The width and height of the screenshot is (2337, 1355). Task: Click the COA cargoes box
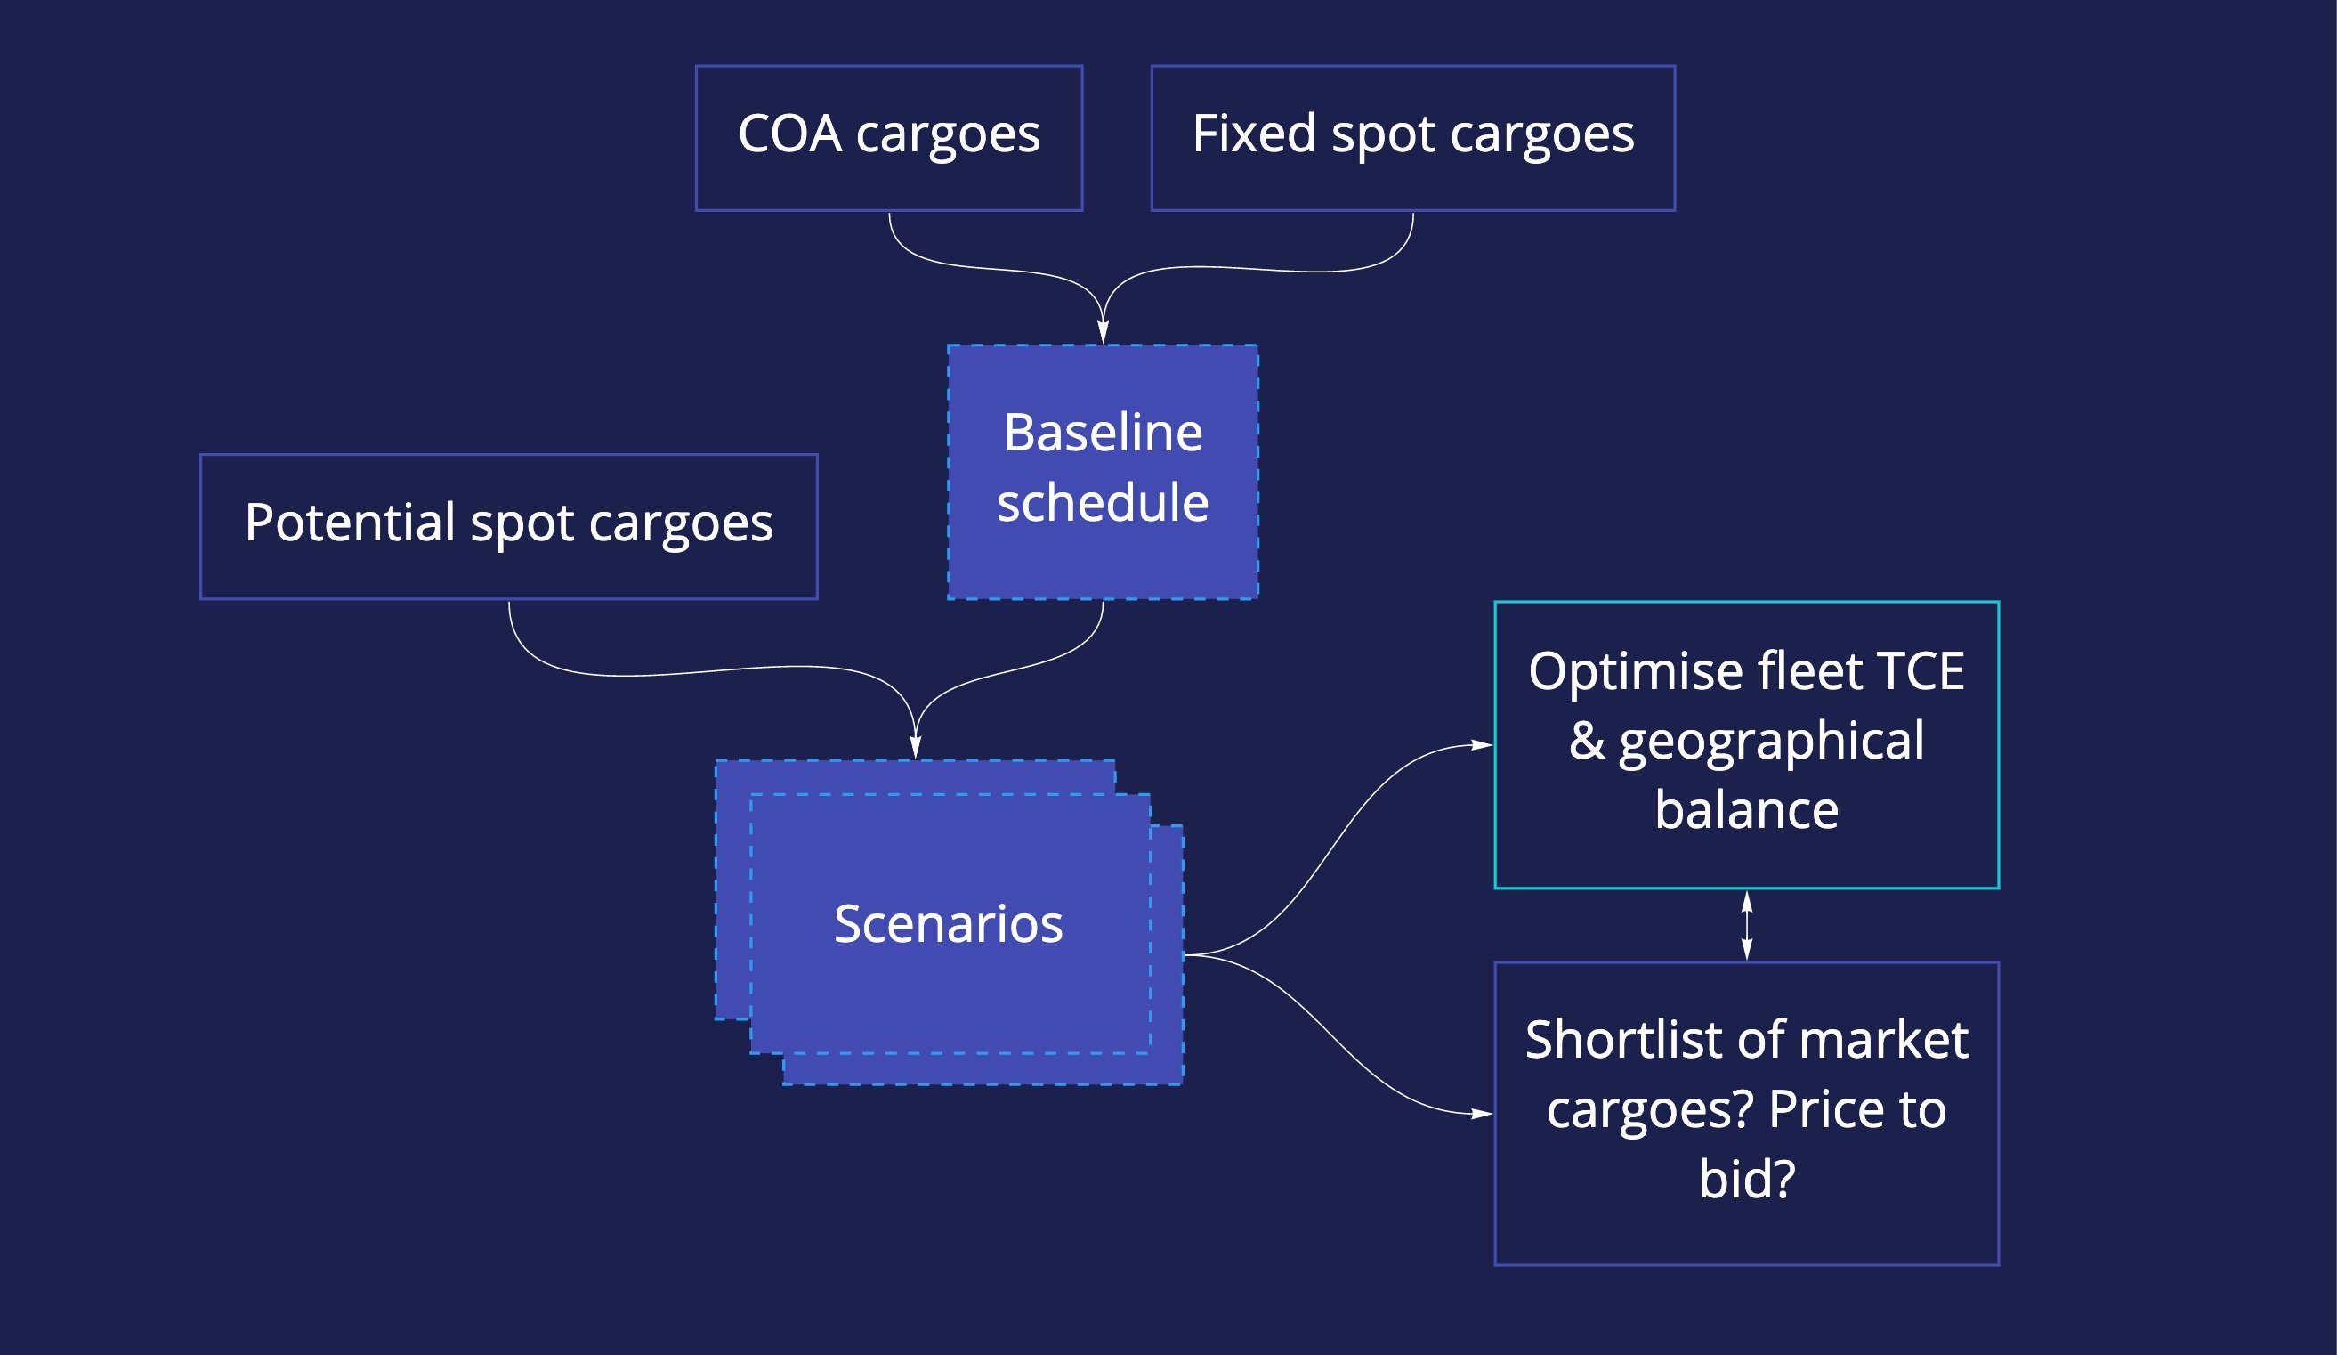pos(888,138)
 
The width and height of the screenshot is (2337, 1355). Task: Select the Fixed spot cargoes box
pos(1412,138)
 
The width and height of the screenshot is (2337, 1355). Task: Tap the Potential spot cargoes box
pos(508,527)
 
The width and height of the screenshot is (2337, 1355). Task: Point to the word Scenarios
pos(948,924)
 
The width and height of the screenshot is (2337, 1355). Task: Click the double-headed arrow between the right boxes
pos(1746,926)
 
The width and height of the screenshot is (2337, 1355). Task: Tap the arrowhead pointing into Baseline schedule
pos(1103,332)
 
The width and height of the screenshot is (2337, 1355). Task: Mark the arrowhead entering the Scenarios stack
pos(916,748)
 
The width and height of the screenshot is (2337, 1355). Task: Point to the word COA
pos(789,134)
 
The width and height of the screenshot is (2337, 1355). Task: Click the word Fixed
pos(1254,134)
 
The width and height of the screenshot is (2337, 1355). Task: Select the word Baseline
pos(1103,433)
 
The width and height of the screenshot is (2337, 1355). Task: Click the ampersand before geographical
pos(1587,740)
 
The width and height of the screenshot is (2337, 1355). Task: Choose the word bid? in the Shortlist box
pos(1746,1179)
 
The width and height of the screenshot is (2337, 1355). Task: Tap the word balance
pos(1746,809)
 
